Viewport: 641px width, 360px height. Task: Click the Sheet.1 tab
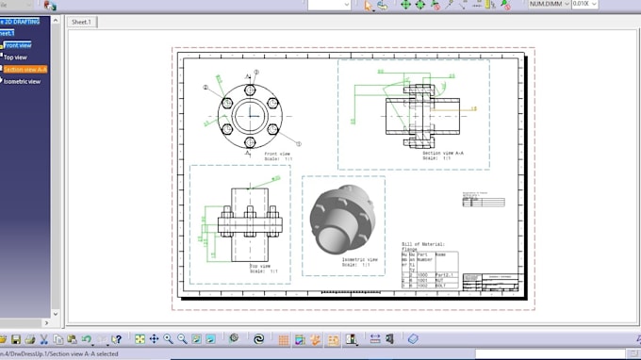point(81,21)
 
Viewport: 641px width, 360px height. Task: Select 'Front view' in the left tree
point(17,45)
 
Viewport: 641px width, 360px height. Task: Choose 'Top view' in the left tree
point(15,57)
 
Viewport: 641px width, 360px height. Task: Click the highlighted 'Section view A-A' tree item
point(25,69)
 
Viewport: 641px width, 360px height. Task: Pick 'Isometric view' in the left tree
point(22,81)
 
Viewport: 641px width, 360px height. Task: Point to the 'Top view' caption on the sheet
point(259,266)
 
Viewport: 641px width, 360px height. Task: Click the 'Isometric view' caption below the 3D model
point(360,259)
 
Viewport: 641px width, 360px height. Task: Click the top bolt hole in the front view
point(251,90)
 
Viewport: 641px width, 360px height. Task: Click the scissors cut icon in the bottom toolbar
point(44,338)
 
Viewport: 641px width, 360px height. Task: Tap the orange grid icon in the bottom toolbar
point(284,338)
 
